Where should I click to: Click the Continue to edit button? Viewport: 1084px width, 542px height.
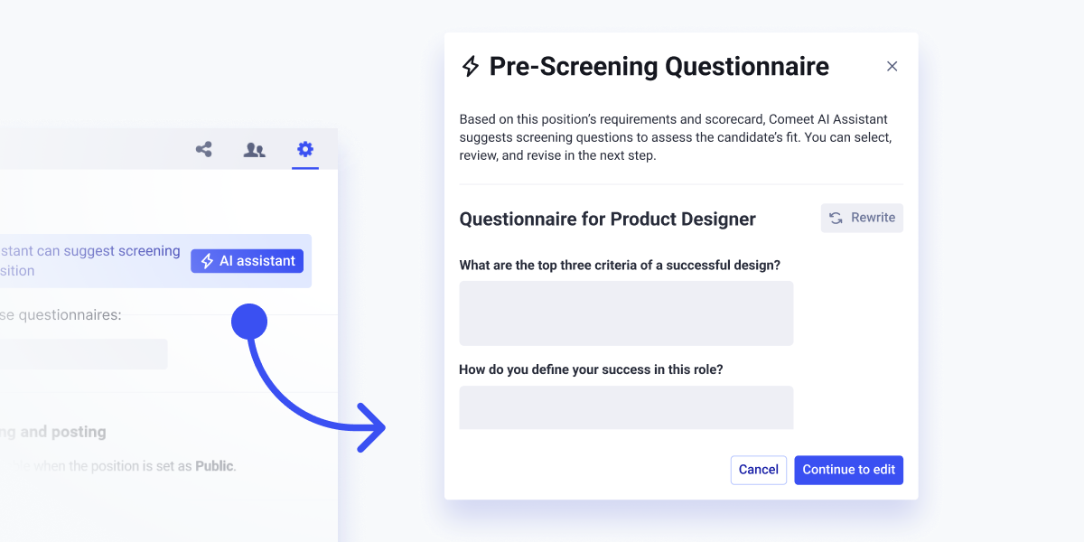[848, 470]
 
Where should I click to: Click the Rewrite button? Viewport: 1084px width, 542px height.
[862, 218]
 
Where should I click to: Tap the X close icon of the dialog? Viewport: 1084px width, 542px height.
[892, 66]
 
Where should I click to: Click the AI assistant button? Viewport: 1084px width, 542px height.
[247, 261]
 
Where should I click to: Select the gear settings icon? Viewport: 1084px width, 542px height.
[305, 149]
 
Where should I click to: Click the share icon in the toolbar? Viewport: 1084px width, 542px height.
[204, 150]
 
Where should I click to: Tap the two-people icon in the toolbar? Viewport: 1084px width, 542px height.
[255, 150]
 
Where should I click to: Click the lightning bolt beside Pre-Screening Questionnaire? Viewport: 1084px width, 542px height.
[471, 66]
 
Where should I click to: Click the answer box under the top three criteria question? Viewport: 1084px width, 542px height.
[626, 313]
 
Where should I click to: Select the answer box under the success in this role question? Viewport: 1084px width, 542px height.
[626, 407]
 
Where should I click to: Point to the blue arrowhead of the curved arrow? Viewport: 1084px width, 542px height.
[372, 427]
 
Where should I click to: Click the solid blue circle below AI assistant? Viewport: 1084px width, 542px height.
[249, 321]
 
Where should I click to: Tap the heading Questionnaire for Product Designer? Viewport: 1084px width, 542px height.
[607, 219]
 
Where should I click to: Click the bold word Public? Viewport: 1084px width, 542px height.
[214, 466]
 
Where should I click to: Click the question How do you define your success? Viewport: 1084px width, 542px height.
[591, 369]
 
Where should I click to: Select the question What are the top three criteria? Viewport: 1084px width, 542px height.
[620, 265]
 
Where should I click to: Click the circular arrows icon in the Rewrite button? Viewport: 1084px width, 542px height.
[836, 218]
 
